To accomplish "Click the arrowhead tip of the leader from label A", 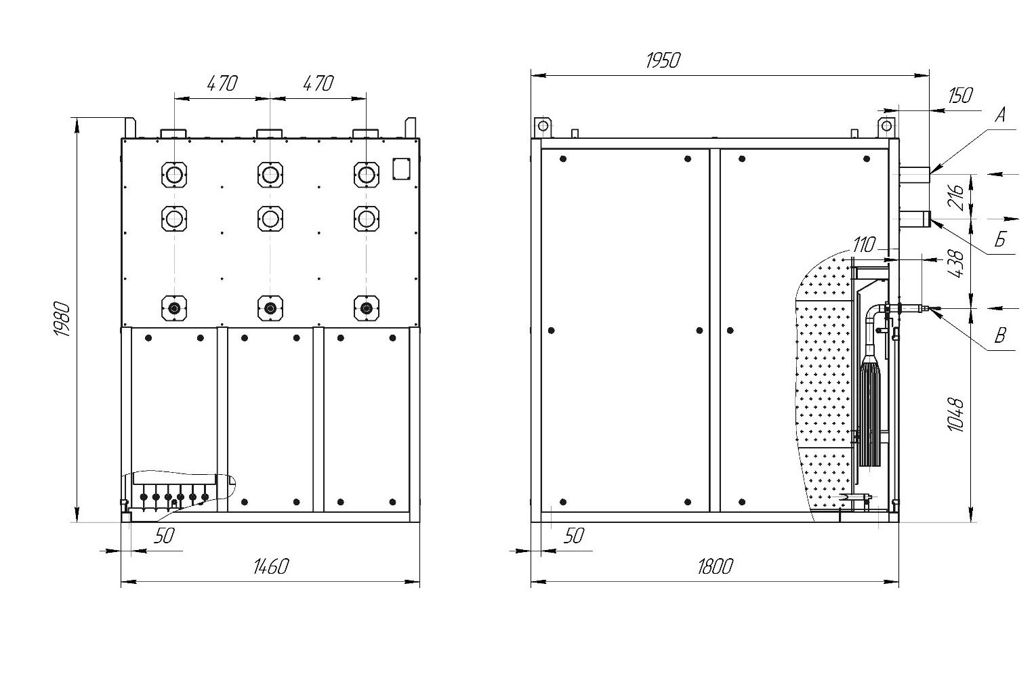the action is (x=930, y=173).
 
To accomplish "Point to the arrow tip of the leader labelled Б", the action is (x=930, y=220).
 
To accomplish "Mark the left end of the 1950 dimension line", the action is (x=531, y=75).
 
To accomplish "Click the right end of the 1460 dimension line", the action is (x=419, y=582).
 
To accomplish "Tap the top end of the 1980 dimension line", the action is (x=77, y=118).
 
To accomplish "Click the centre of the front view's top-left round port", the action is (x=174, y=175).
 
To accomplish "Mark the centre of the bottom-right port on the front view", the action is (x=367, y=308).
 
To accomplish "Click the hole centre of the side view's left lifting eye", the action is (x=543, y=126).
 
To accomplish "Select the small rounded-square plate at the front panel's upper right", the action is (x=401, y=169).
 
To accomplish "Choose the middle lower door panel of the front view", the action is (x=270, y=420).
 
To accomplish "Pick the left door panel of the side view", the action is (x=625, y=331).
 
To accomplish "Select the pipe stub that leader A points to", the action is (x=914, y=175).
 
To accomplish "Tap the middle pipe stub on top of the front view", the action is (x=270, y=133).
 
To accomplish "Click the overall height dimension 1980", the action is (x=62, y=319).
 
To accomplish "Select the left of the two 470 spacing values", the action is (x=222, y=83).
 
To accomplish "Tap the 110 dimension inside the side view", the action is (x=864, y=245).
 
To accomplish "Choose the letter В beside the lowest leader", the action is (x=1000, y=335).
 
